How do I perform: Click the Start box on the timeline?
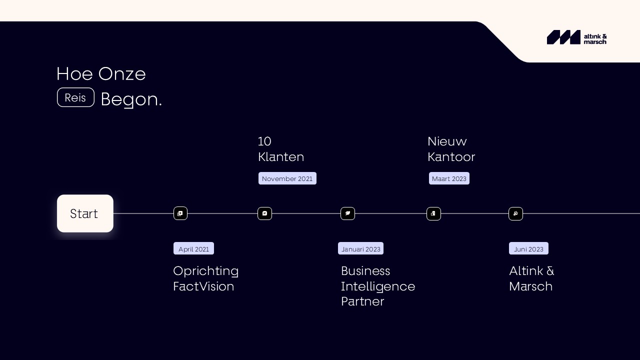(85, 213)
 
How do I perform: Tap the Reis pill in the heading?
(75, 97)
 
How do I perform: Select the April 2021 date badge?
(193, 248)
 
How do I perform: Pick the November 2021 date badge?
(287, 178)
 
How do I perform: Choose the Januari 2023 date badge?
(361, 248)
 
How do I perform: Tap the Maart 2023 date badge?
(449, 178)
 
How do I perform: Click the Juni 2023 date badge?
(528, 248)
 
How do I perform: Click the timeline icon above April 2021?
(180, 213)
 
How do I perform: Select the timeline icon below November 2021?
(265, 213)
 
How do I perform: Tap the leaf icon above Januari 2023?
(347, 213)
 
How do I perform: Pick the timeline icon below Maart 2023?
(433, 213)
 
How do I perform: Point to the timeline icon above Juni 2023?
(515, 213)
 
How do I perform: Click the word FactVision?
(203, 286)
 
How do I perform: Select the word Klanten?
(281, 157)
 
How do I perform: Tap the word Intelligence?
(378, 286)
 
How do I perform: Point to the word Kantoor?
(451, 157)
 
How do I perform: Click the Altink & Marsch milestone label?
(531, 278)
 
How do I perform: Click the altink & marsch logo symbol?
(563, 37)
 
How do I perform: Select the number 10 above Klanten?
(264, 141)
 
